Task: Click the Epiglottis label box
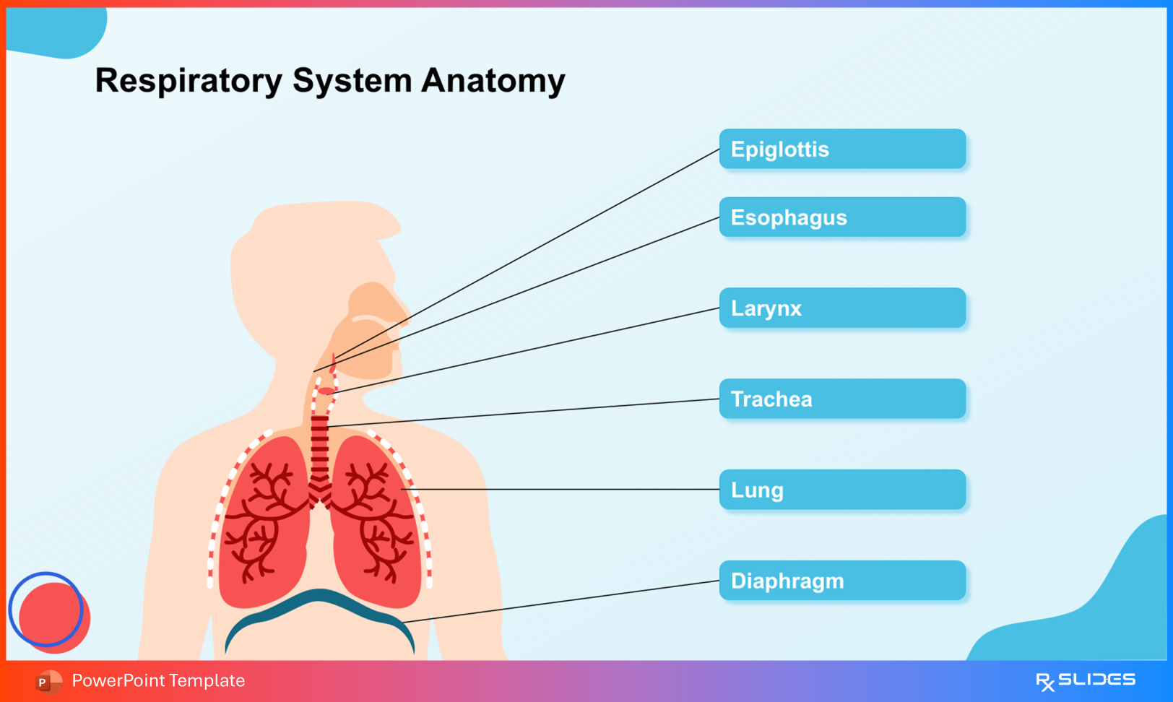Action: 842,149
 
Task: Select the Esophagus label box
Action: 842,217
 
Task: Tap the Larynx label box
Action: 842,308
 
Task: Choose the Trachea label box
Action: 842,399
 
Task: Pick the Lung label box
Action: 842,490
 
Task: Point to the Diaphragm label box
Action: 842,581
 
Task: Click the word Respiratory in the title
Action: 188,81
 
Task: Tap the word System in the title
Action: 352,81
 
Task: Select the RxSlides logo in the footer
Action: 1085,680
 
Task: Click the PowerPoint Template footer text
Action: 158,680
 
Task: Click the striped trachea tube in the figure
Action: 319,448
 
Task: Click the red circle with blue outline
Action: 51,614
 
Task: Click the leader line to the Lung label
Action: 563,489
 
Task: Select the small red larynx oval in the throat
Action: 326,391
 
